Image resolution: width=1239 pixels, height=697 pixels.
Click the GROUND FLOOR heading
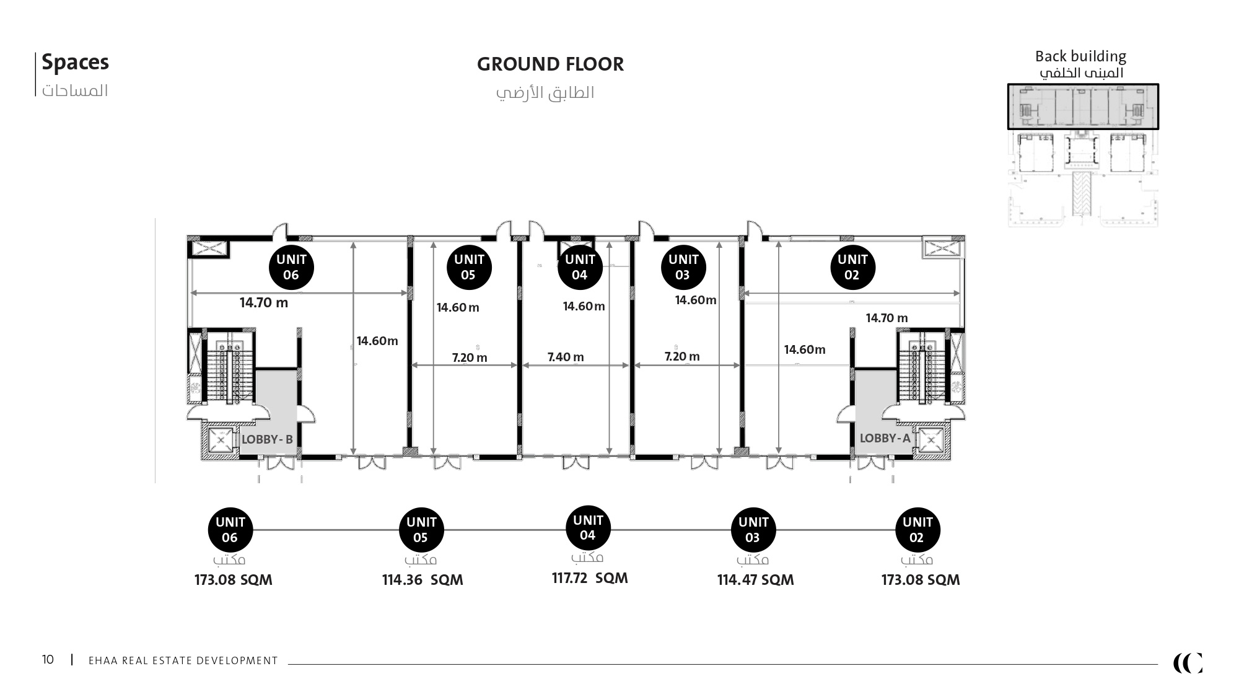pos(550,64)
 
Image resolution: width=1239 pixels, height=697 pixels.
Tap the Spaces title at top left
pos(75,63)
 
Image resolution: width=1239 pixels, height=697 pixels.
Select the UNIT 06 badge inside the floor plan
pos(291,267)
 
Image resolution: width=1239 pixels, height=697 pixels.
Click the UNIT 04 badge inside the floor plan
pos(580,267)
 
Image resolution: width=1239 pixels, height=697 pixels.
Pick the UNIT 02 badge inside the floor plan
pos(852,267)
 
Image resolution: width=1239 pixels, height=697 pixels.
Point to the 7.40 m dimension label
pos(566,357)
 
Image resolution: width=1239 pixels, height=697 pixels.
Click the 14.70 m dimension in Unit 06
pos(264,303)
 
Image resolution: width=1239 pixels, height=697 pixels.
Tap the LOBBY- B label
pos(267,439)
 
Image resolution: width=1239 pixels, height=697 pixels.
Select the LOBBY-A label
pos(885,438)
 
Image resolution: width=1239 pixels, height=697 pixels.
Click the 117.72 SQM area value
pos(590,578)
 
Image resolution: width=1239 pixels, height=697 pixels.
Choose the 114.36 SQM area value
pos(422,580)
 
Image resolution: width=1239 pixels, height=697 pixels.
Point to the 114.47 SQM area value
pos(755,580)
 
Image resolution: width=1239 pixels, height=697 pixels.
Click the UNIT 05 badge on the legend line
pos(421,530)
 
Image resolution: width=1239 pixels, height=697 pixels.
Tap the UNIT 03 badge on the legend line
pos(753,530)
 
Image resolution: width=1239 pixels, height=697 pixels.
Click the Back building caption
pos(1080,56)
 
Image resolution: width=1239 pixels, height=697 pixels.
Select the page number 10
pos(48,659)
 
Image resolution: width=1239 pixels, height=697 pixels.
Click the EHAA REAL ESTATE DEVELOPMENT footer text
pos(183,660)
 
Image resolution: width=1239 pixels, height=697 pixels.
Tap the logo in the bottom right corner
pos(1188,663)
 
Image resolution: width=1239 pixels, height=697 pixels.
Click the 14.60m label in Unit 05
pos(458,307)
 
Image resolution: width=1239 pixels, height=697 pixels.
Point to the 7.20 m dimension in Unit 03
pos(682,356)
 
